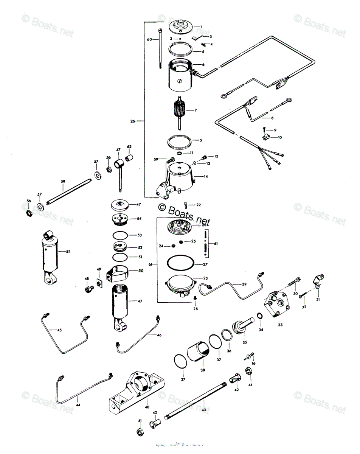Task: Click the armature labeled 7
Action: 179,110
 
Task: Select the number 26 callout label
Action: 133,121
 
